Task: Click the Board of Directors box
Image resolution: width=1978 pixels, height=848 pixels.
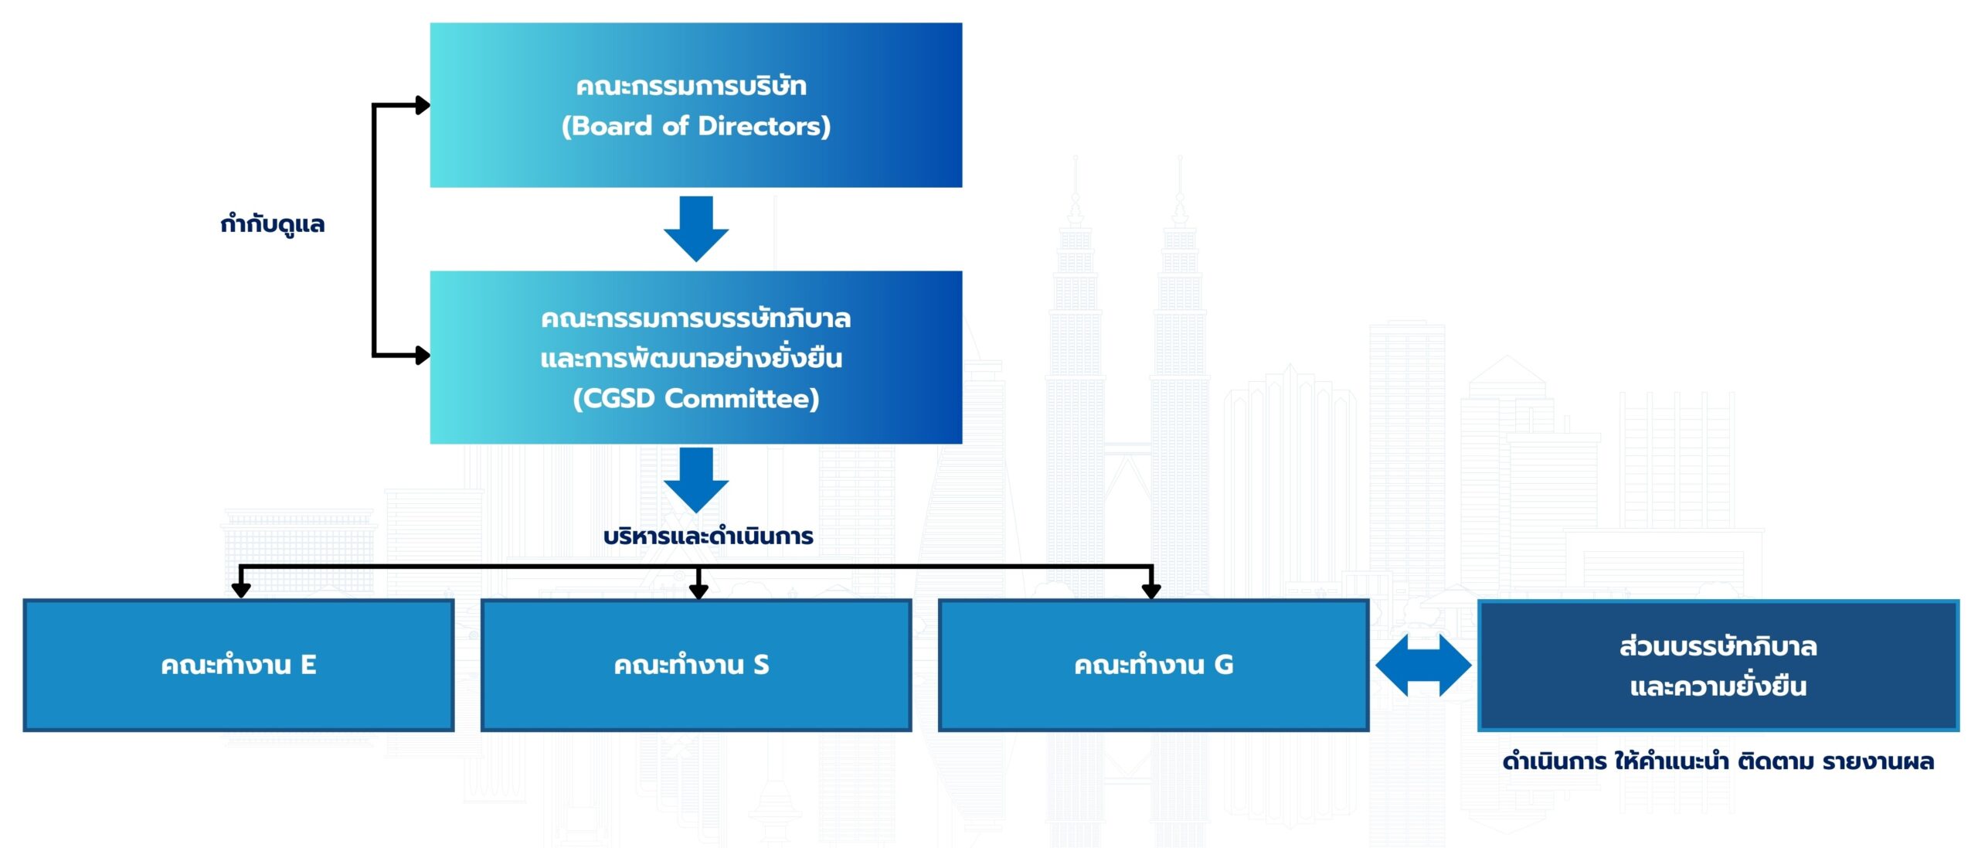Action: [x=695, y=105]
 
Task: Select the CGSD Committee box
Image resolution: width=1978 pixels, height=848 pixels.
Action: [x=695, y=357]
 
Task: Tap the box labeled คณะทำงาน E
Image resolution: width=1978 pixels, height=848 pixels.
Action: [x=238, y=665]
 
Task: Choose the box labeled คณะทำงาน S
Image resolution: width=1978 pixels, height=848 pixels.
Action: [x=695, y=665]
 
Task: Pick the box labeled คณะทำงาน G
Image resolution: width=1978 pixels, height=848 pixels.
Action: [x=1153, y=665]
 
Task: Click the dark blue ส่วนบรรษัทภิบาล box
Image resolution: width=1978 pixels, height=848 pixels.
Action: [x=1718, y=665]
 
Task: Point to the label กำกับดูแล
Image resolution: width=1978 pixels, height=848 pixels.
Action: [x=272, y=224]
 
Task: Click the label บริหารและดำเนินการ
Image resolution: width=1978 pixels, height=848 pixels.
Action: [x=708, y=536]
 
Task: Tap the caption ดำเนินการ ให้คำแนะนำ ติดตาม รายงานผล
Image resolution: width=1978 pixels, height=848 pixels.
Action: [x=1718, y=761]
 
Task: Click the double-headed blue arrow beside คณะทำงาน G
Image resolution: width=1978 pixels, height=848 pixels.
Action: [x=1423, y=665]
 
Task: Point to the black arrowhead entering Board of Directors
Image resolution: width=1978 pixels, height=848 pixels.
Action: [x=422, y=105]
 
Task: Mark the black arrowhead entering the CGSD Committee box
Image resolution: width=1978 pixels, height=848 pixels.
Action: [x=422, y=356]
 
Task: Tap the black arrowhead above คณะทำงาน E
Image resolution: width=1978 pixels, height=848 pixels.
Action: [x=241, y=591]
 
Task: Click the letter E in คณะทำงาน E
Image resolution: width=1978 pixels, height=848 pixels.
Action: [x=308, y=665]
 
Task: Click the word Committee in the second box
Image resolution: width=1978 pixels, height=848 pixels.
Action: [x=741, y=399]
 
